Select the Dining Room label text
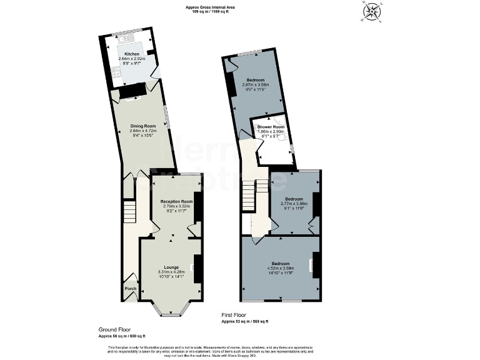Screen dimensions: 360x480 pos(142,126)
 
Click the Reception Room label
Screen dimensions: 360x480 pos(176,201)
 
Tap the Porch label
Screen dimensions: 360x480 pos(130,289)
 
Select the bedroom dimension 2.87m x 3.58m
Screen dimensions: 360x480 pos(254,85)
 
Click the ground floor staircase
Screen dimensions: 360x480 pos(129,208)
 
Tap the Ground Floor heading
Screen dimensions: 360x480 pos(114,329)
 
